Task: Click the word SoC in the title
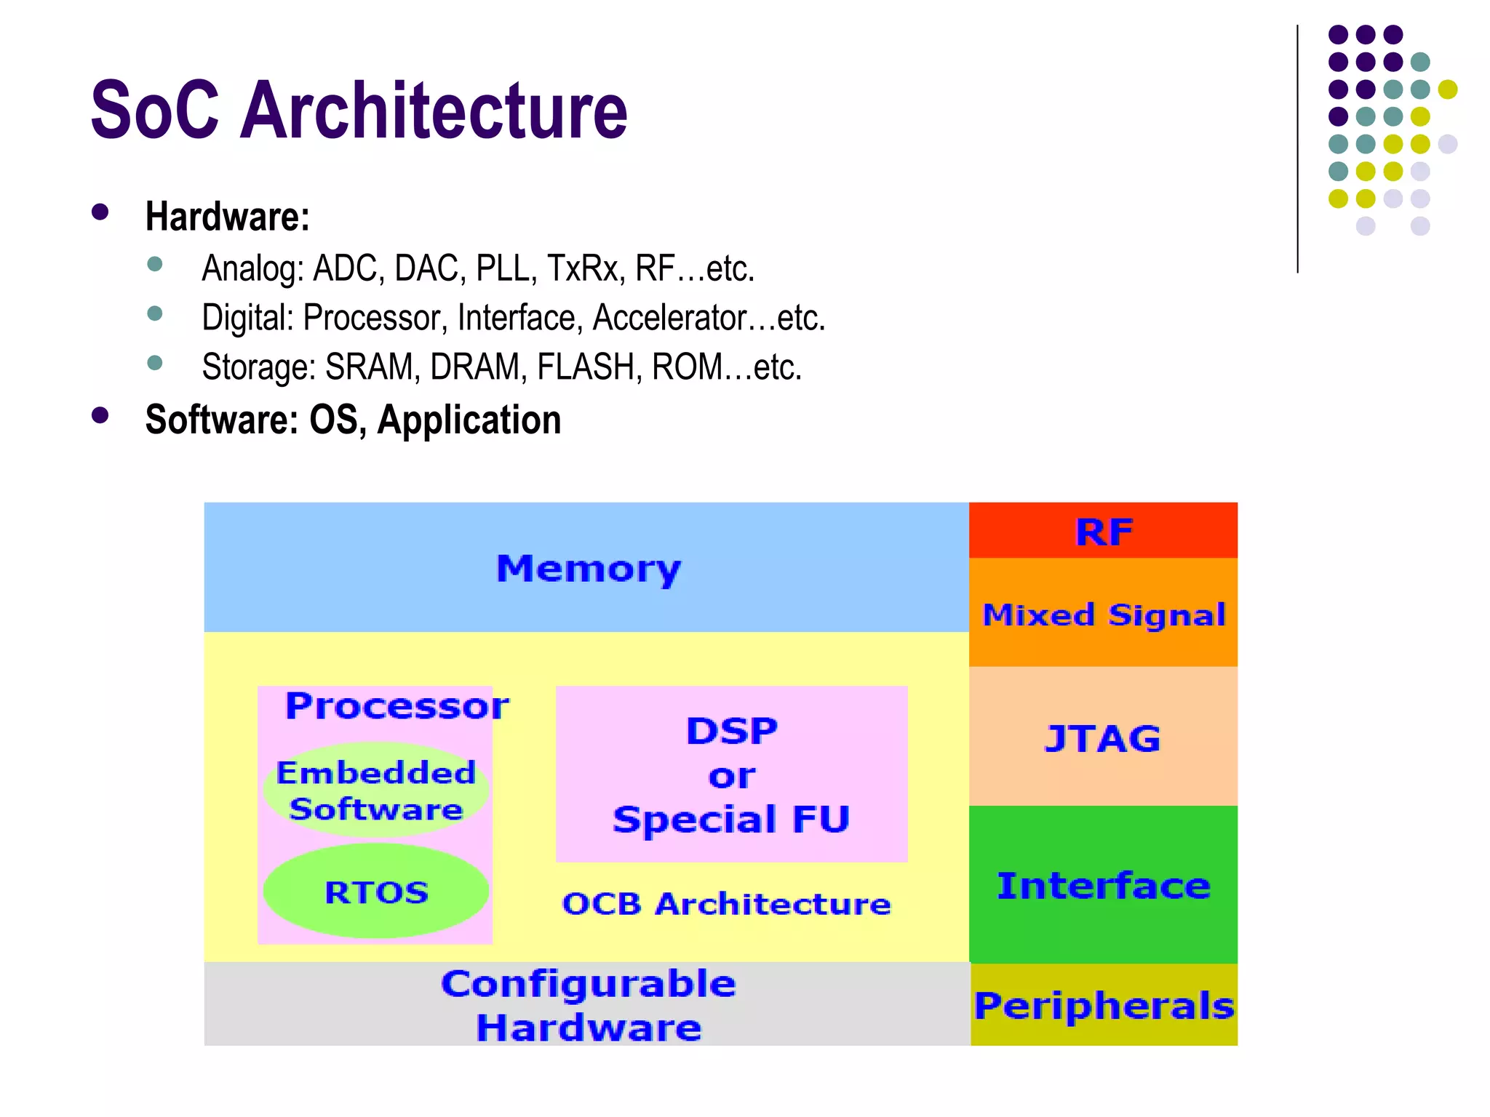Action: point(154,111)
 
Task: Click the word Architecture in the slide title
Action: point(434,111)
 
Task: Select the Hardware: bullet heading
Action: point(228,217)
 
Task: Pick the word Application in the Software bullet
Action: point(469,420)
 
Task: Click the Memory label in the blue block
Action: point(588,568)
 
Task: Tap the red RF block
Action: point(1103,532)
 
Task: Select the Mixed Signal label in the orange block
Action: point(1104,614)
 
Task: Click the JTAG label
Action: point(1102,738)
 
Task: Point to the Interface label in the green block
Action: point(1103,885)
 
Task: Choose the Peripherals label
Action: point(1104,1006)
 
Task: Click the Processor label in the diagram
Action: point(397,705)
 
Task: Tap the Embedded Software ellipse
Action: point(375,790)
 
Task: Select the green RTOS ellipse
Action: point(375,892)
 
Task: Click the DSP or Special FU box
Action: point(731,774)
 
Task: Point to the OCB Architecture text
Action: point(726,904)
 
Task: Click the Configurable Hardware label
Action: point(588,1005)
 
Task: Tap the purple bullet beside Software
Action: point(100,415)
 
